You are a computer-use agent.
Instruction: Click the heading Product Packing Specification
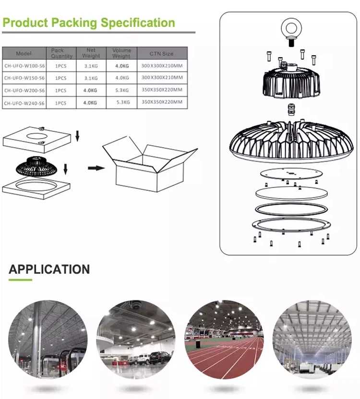pyautogui.click(x=89, y=23)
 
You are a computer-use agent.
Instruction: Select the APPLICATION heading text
pyautogui.click(x=49, y=269)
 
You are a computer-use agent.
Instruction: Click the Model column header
pyautogui.click(x=24, y=53)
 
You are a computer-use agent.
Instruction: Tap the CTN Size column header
pyautogui.click(x=161, y=53)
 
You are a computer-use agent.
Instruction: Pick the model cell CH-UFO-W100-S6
pyautogui.click(x=24, y=65)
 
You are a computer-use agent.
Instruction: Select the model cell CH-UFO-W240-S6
pyautogui.click(x=24, y=103)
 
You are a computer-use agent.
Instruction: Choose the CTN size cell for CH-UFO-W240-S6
pyautogui.click(x=162, y=103)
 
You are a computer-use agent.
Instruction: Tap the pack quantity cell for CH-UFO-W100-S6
pyautogui.click(x=61, y=65)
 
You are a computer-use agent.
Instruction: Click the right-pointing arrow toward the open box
pyautogui.click(x=96, y=168)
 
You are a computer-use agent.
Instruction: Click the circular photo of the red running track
pyautogui.click(x=224, y=340)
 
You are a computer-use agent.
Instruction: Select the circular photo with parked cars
pyautogui.click(x=136, y=340)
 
